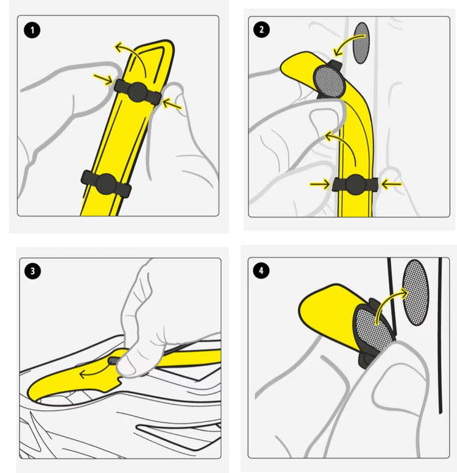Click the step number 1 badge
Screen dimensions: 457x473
32,30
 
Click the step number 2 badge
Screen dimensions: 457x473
261,29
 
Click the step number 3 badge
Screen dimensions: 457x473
32,271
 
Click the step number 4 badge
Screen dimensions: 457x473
261,270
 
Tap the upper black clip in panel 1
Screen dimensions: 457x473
138,92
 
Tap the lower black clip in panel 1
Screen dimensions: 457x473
106,183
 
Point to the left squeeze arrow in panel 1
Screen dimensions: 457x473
103,79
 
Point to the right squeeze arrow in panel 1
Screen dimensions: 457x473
172,104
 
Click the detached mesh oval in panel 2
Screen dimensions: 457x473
361,43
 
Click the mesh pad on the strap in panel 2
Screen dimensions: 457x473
329,82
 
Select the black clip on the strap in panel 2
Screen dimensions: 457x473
355,184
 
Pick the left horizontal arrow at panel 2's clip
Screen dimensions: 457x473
320,183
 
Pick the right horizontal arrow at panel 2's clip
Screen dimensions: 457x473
391,183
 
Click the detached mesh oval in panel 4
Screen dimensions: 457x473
416,293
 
